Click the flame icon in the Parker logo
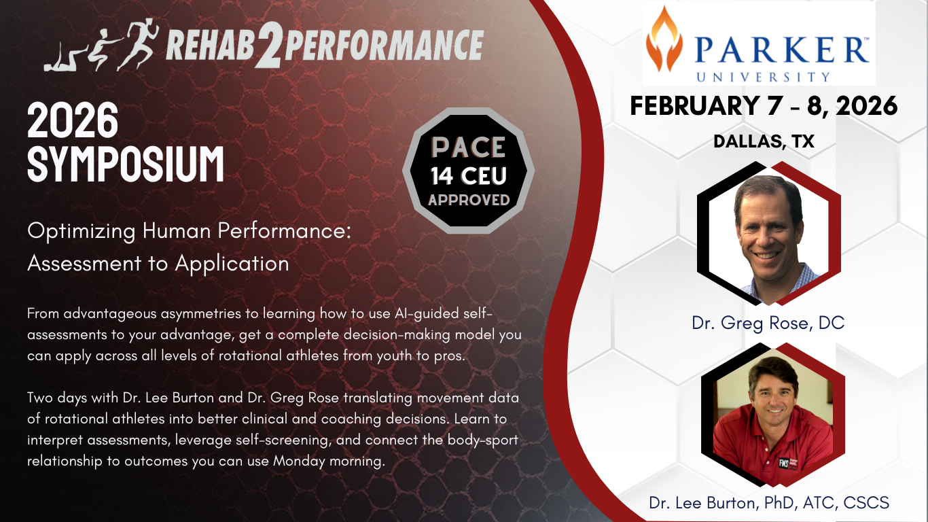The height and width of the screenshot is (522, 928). (x=664, y=39)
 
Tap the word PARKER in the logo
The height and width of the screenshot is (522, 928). (x=782, y=50)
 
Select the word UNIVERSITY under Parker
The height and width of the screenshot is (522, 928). (x=763, y=77)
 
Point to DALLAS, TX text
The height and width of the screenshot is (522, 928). (x=764, y=141)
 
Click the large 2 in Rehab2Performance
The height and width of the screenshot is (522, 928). (x=269, y=45)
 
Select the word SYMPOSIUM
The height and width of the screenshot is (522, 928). (x=126, y=164)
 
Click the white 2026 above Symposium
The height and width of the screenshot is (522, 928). (x=73, y=120)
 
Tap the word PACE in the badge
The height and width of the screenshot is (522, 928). (x=469, y=147)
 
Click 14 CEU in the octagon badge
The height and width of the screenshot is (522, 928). (x=469, y=176)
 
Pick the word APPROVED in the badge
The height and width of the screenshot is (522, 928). (x=469, y=201)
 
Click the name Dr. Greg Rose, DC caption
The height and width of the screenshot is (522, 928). (x=768, y=323)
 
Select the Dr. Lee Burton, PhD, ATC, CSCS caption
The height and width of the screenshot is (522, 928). (x=768, y=503)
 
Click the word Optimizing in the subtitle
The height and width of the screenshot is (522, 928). (x=82, y=231)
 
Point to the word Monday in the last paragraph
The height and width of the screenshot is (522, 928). (x=299, y=462)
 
